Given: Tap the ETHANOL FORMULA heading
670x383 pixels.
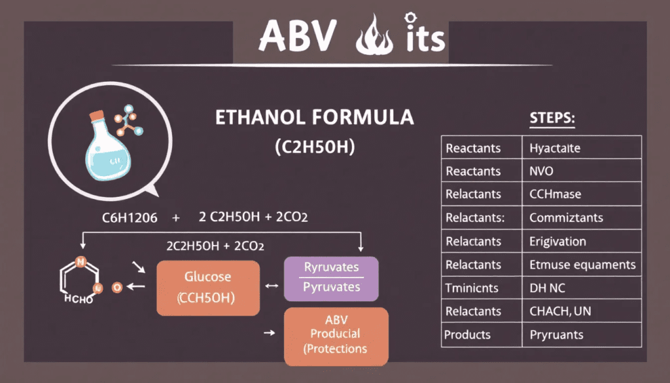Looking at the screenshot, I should coord(315,118).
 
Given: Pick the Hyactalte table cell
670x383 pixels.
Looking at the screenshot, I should coord(555,148).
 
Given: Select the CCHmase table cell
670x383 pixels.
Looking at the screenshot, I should coord(555,194).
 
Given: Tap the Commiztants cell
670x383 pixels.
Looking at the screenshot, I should coord(566,218).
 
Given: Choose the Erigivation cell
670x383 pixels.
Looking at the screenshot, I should coord(557,241).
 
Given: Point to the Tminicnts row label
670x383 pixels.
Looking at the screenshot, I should coord(472,288).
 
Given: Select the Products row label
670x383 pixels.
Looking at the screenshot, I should coord(467,335).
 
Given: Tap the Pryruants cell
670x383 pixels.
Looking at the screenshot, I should coord(557,335).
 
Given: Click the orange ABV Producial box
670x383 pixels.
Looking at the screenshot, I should coord(336,336).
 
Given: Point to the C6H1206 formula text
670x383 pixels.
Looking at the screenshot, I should coord(131,217).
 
